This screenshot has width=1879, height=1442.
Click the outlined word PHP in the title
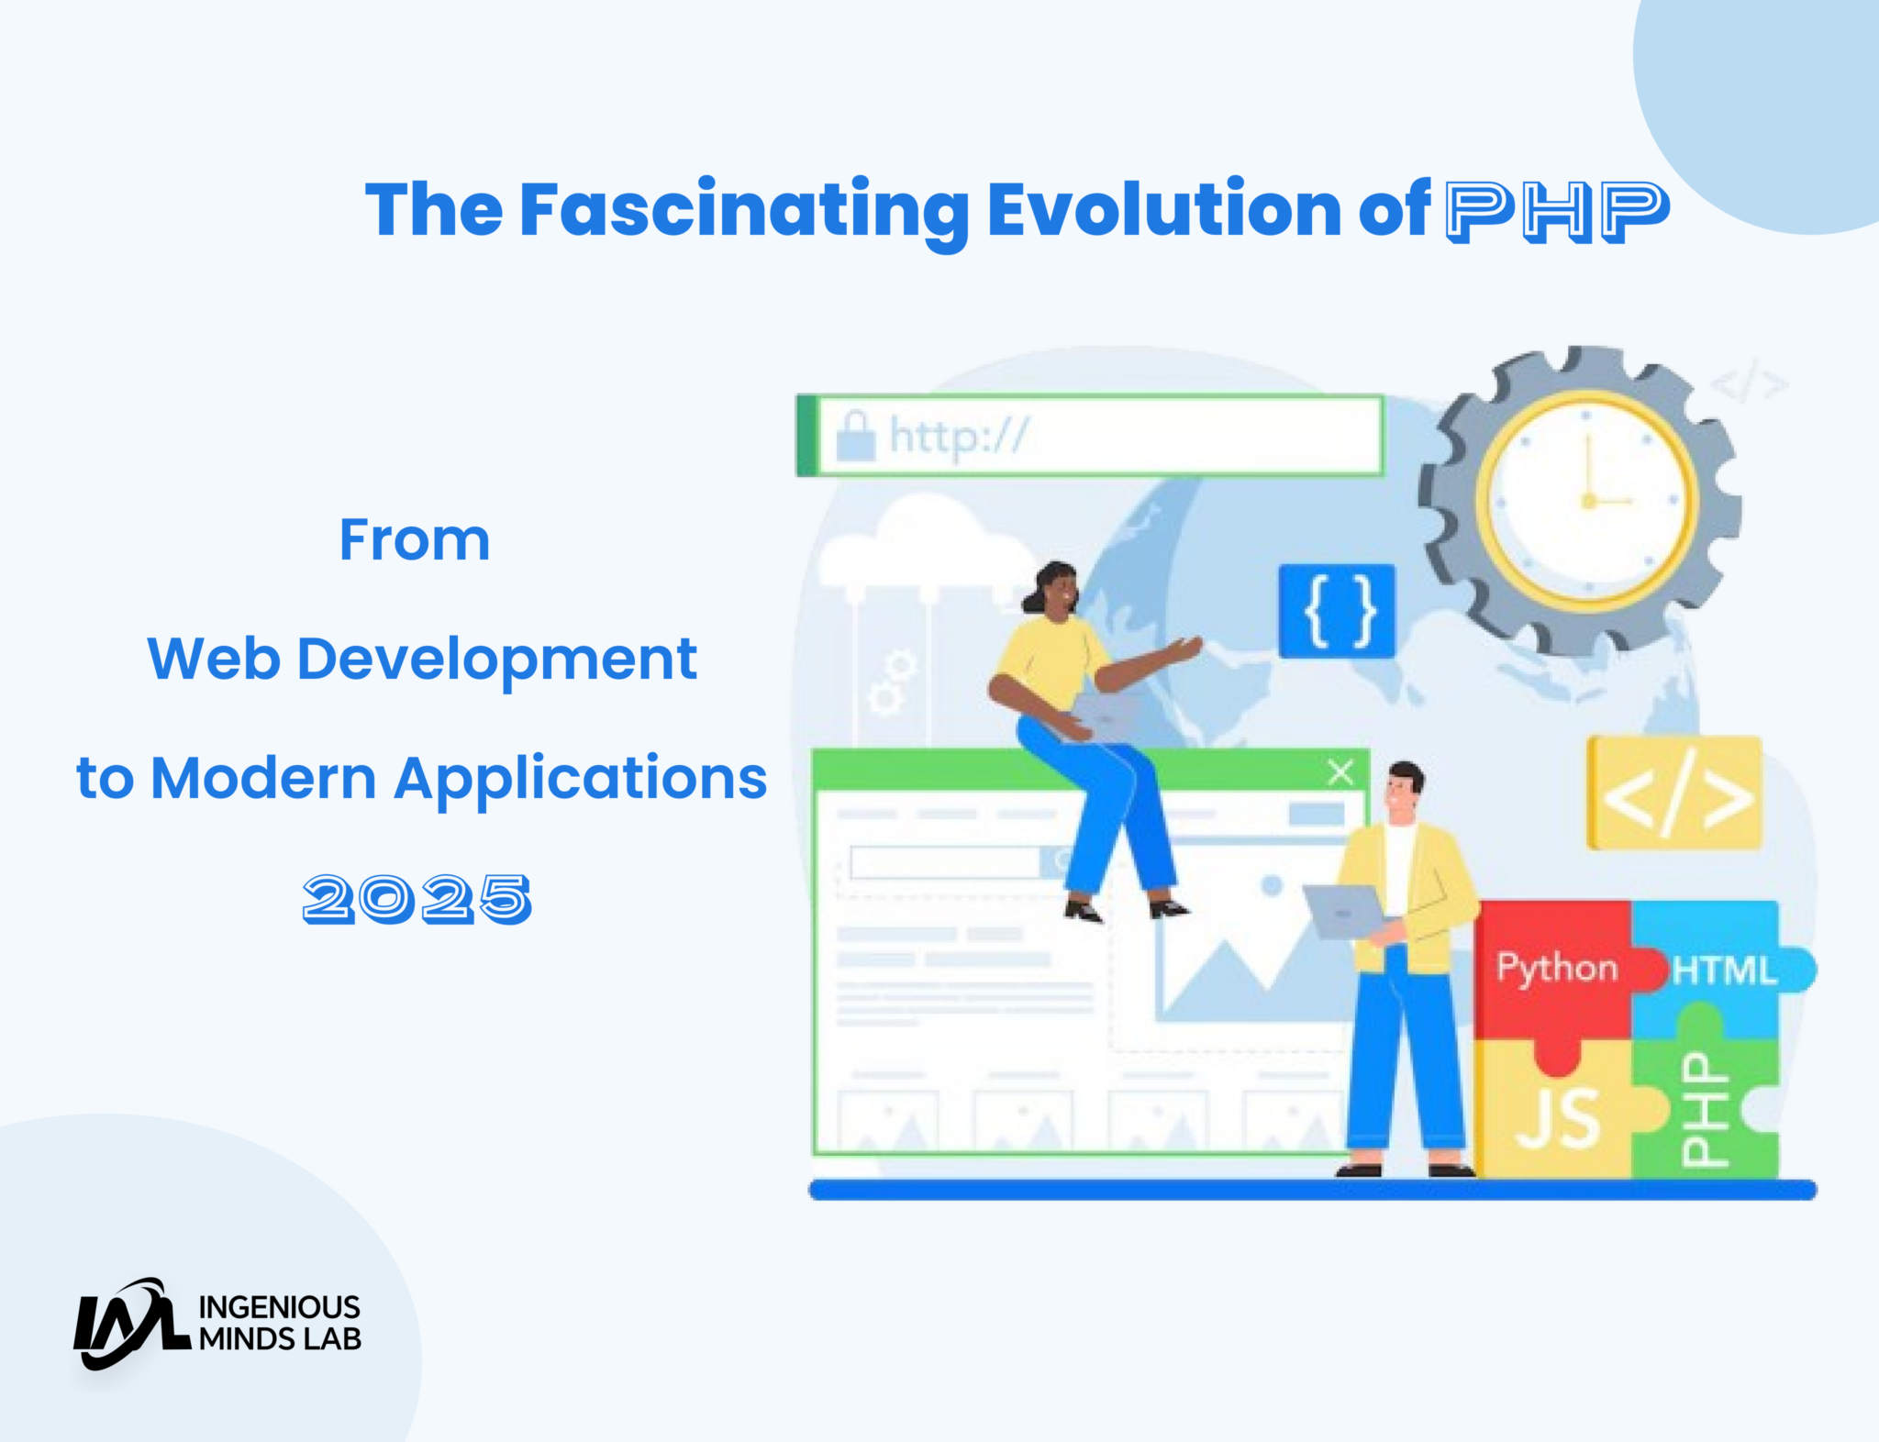click(1557, 211)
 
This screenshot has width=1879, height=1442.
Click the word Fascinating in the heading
click(744, 211)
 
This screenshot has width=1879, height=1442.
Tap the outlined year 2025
click(417, 898)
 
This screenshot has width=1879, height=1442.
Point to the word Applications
click(581, 779)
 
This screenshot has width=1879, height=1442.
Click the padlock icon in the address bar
click(855, 437)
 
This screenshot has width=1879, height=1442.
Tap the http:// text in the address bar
click(959, 436)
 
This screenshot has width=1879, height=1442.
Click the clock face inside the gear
click(1586, 500)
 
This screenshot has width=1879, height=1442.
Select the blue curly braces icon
click(1338, 611)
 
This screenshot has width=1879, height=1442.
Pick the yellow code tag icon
click(1675, 793)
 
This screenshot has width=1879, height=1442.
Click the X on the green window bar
click(1340, 771)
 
